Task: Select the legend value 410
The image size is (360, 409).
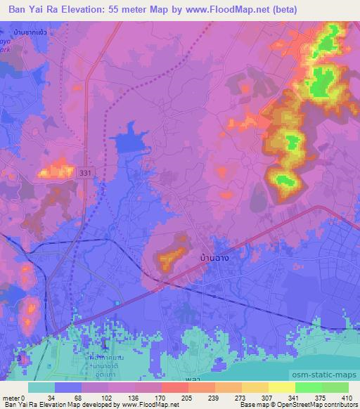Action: pos(348,397)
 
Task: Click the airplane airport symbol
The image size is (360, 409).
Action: pos(104,343)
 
